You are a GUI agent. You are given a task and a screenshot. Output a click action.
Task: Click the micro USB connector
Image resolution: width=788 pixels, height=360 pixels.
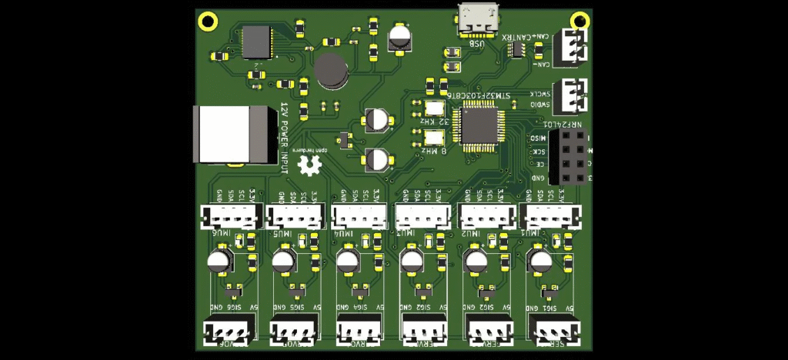pyautogui.click(x=479, y=19)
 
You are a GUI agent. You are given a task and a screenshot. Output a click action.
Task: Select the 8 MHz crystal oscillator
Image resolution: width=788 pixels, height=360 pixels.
pyautogui.click(x=433, y=138)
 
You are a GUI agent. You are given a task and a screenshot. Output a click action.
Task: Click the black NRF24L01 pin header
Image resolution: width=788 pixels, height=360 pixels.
pyautogui.click(x=570, y=156)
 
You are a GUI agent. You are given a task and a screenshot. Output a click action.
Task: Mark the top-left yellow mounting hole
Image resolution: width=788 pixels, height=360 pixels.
pyautogui.click(x=205, y=21)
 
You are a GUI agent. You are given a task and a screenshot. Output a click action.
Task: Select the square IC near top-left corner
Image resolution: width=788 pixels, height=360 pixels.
pyautogui.click(x=256, y=42)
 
